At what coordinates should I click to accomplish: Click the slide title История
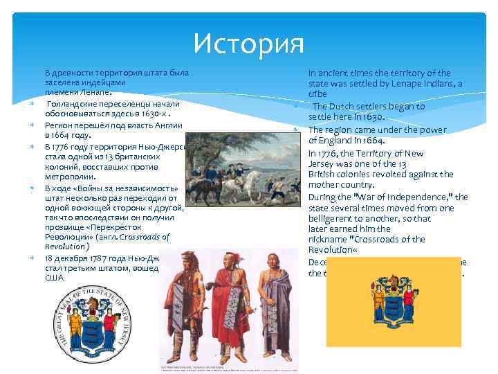pyautogui.click(x=248, y=44)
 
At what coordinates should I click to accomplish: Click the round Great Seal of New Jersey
pyautogui.click(x=91, y=331)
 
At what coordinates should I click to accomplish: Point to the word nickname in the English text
pyautogui.click(x=330, y=239)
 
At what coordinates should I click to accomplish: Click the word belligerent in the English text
pyautogui.click(x=334, y=218)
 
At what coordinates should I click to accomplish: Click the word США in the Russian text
pyautogui.click(x=54, y=277)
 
